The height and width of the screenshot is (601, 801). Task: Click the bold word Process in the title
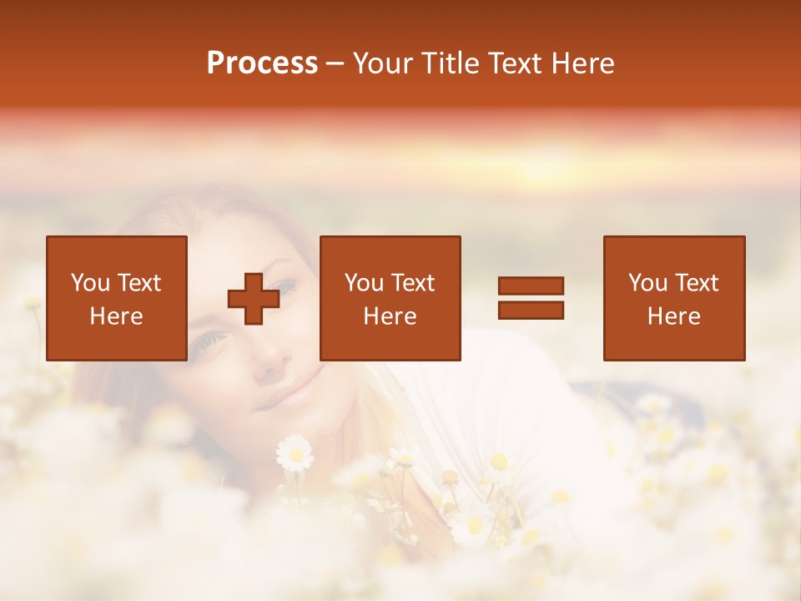click(262, 63)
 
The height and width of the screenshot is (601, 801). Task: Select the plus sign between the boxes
click(254, 299)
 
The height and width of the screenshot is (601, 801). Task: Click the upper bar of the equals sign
click(531, 285)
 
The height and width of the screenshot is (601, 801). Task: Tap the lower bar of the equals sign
click(531, 311)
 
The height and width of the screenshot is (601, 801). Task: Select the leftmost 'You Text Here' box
click(117, 298)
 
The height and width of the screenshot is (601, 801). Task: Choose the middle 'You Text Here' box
click(390, 298)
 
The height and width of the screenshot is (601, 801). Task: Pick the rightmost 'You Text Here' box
click(674, 298)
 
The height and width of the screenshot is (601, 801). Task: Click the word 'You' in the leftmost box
click(90, 283)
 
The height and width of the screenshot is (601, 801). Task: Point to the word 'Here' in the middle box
click(390, 316)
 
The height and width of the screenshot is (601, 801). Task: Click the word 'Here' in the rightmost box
click(674, 316)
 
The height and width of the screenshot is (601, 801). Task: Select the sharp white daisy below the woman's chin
click(295, 452)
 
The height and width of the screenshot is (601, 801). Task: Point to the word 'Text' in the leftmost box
click(139, 283)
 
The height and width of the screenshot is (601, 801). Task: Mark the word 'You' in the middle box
click(364, 283)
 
